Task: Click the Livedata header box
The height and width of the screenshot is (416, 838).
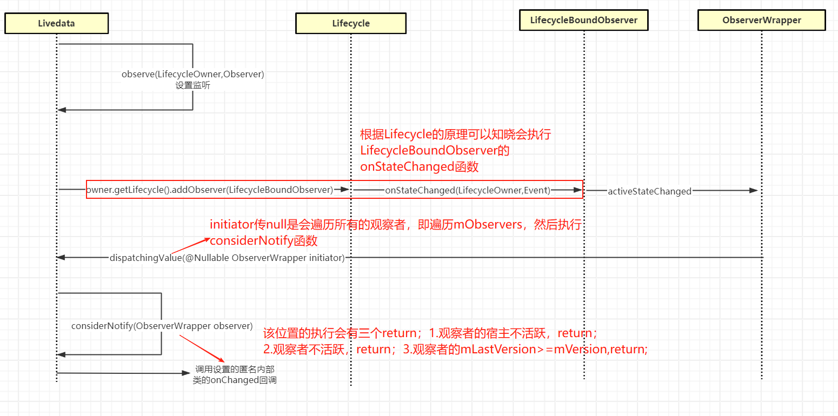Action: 56,23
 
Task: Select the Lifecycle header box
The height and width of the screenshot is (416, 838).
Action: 351,23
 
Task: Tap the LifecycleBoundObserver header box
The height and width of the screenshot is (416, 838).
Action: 583,21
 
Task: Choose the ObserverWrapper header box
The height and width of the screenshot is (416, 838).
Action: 761,21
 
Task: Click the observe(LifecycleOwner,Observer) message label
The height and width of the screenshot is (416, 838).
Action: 192,75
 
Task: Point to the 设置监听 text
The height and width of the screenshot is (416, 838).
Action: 192,85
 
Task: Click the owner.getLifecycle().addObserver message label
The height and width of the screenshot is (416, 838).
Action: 209,190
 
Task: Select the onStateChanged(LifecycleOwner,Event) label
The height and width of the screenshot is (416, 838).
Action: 467,190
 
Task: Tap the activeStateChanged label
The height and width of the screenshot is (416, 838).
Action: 649,191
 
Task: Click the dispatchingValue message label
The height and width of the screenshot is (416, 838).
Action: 227,258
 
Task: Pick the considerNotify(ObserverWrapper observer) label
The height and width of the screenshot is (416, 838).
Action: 162,326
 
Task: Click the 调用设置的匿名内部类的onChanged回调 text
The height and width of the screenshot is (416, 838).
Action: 235,374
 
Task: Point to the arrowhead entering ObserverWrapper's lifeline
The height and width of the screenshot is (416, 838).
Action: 754,190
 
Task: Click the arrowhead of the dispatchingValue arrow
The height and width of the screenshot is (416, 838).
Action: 61,258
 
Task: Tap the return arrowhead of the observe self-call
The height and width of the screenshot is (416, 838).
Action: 62,110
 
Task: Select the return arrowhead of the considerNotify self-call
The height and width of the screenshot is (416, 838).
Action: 62,354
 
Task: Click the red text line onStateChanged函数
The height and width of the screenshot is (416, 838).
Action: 420,166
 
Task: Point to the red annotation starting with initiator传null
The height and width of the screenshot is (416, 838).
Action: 395,225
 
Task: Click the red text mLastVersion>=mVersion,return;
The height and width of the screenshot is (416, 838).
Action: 554,349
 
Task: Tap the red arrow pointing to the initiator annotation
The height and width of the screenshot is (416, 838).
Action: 189,245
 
